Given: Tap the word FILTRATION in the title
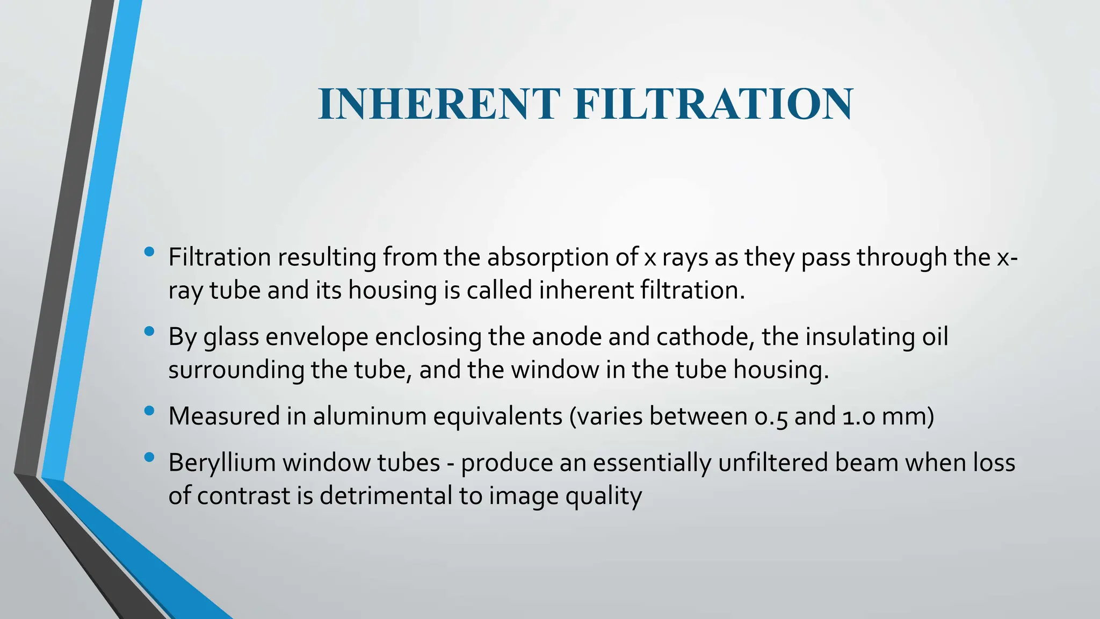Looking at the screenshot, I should (713, 104).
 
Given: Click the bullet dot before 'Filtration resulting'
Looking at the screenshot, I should (150, 251).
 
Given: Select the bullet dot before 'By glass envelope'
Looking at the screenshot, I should (150, 331).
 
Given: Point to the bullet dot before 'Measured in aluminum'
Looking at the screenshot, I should (150, 411).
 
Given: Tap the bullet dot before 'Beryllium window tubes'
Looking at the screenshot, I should (150, 457).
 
